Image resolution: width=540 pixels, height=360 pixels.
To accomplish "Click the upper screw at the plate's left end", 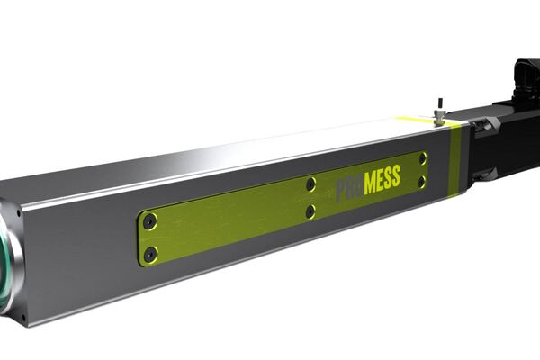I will pyautogui.click(x=150, y=220).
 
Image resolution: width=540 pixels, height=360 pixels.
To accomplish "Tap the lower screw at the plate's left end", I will pyautogui.click(x=150, y=253).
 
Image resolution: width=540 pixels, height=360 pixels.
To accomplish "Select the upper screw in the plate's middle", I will pyautogui.click(x=310, y=184).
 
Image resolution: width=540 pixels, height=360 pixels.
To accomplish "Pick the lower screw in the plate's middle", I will pyautogui.click(x=310, y=212).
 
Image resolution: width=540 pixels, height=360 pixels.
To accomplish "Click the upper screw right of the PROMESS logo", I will pyautogui.click(x=422, y=158).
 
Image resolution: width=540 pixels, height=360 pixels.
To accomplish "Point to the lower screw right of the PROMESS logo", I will pyautogui.click(x=422, y=182).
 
